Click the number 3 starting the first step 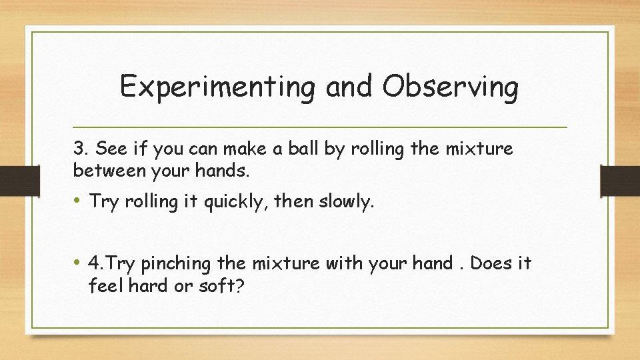78,149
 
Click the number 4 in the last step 94,264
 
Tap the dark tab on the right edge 620,179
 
